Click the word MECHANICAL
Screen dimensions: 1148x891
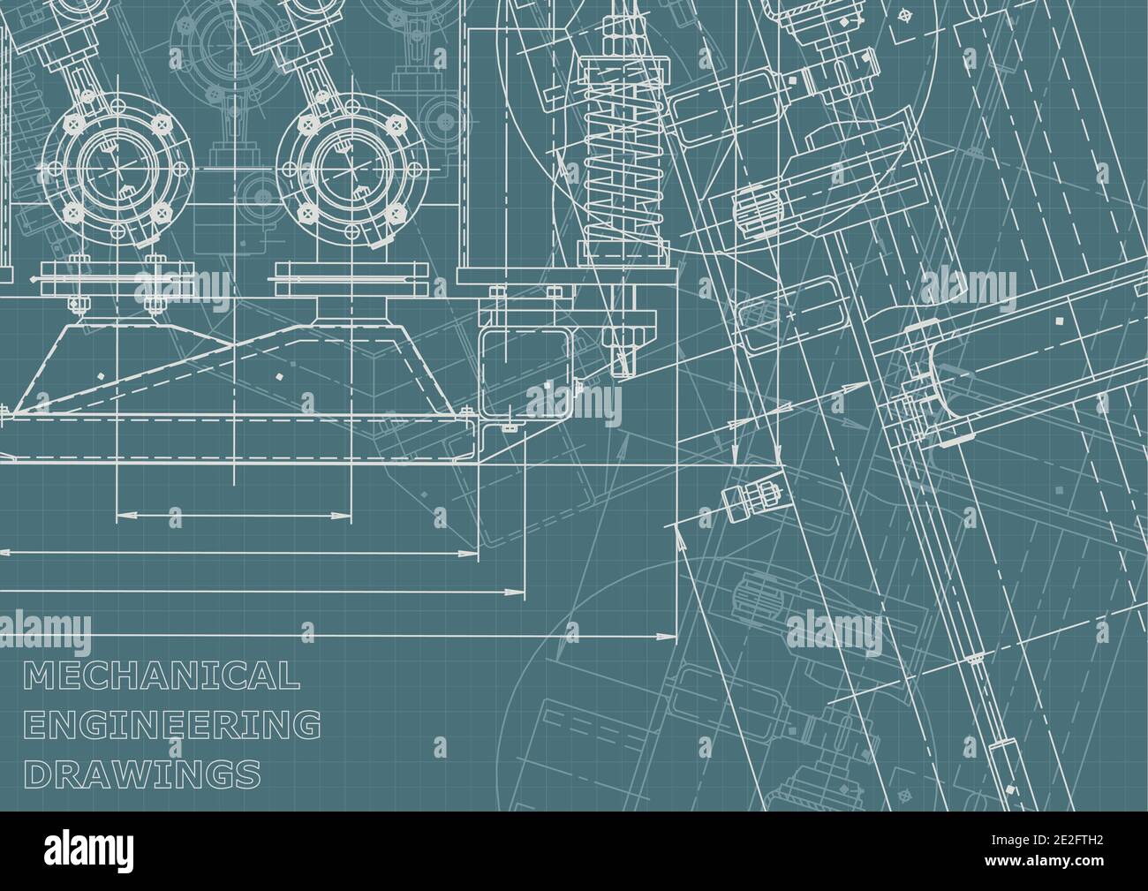click(161, 676)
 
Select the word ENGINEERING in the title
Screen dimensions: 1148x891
click(171, 725)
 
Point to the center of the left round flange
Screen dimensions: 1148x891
click(117, 165)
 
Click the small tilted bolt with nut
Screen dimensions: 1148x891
click(753, 497)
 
